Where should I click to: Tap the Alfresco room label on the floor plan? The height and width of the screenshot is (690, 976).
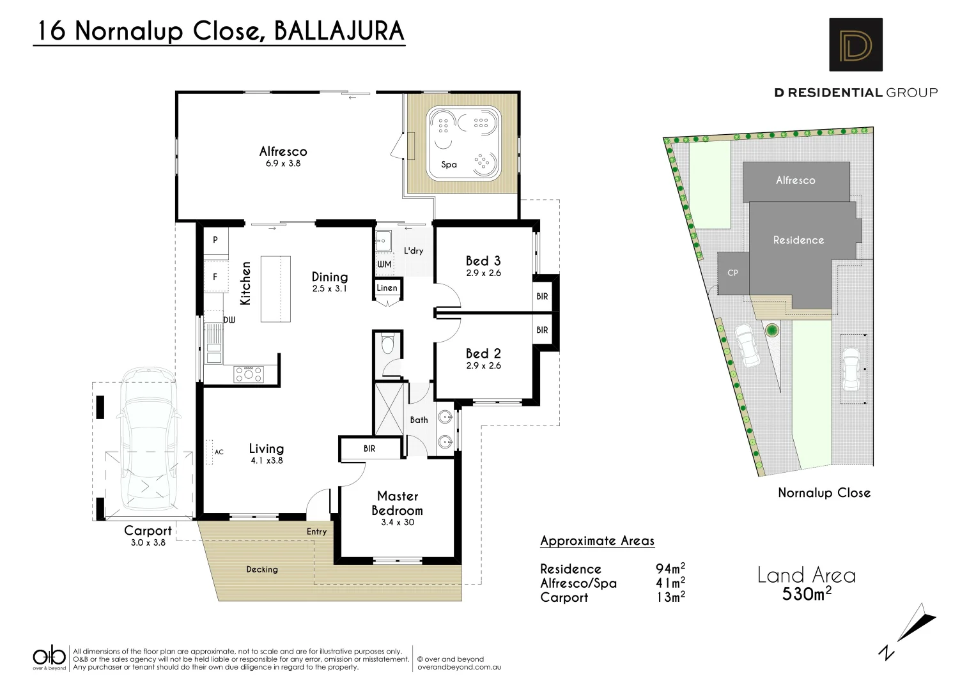pos(283,151)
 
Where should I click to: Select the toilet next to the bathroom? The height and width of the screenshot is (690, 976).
pos(387,346)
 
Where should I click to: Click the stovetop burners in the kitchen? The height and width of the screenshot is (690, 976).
pos(248,373)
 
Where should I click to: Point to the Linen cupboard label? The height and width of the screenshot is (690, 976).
pos(387,288)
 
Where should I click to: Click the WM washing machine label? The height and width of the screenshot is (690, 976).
pos(384,264)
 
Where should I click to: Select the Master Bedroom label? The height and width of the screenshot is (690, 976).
pos(398,503)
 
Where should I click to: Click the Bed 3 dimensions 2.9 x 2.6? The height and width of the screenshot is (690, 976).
pos(483,273)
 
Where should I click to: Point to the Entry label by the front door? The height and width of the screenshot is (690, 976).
pos(316,532)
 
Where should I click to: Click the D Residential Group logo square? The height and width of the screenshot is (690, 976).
pos(855,44)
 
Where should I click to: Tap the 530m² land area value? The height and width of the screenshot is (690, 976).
pos(807,594)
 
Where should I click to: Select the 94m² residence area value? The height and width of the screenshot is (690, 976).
pos(670,569)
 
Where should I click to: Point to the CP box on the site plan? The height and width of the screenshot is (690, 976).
pos(732,273)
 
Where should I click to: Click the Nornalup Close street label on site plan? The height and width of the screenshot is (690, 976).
pos(824,493)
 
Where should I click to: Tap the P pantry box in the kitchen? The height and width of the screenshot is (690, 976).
pos(215,240)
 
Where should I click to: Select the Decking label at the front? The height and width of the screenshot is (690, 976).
pos(262,569)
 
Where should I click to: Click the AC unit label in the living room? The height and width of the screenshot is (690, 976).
pos(219,452)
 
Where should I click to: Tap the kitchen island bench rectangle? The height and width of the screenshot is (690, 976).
pos(275,289)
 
